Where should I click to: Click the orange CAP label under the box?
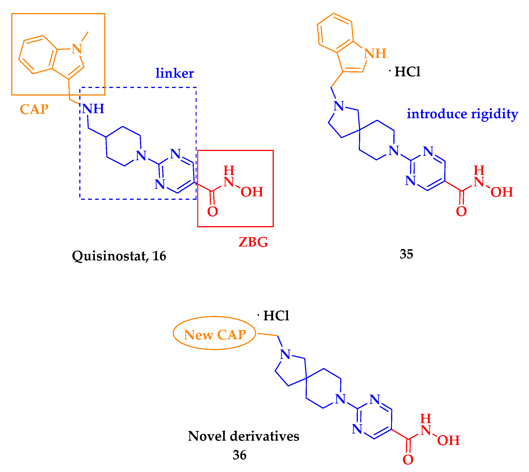click(x=34, y=110)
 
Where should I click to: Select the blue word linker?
click(x=175, y=73)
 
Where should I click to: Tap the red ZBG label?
click(x=253, y=242)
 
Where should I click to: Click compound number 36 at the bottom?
click(x=239, y=455)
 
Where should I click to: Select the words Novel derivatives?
click(x=244, y=436)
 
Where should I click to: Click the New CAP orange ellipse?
click(x=214, y=335)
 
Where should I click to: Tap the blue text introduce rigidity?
click(x=462, y=114)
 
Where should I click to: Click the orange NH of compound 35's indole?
click(x=375, y=53)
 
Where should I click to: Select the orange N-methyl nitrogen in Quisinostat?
click(x=77, y=49)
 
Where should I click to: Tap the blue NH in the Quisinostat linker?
click(x=93, y=109)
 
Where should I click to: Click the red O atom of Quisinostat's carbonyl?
click(x=212, y=211)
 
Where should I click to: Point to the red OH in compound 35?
click(x=502, y=192)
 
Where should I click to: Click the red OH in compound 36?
click(x=448, y=440)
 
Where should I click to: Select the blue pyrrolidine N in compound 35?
click(x=339, y=106)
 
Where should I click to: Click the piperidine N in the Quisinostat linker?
click(x=141, y=156)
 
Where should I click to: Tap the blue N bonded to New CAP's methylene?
click(x=285, y=354)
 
